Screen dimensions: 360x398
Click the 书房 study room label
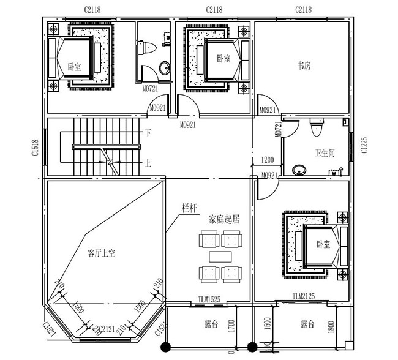tap(304, 66)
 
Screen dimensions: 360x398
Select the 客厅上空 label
tap(102, 252)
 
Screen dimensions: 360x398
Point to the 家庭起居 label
tap(222, 218)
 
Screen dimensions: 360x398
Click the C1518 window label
tap(36, 148)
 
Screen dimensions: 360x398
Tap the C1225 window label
tap(364, 146)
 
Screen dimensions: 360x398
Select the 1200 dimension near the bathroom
tap(268, 160)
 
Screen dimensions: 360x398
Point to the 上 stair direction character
tap(148, 163)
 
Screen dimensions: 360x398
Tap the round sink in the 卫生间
tap(299, 169)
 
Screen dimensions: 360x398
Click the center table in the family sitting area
tap(221, 255)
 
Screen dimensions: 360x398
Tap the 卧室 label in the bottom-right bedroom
tap(323, 244)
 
